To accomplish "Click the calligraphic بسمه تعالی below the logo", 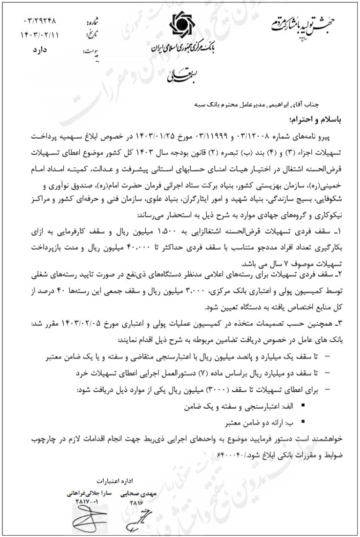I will pyautogui.click(x=180, y=75).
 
